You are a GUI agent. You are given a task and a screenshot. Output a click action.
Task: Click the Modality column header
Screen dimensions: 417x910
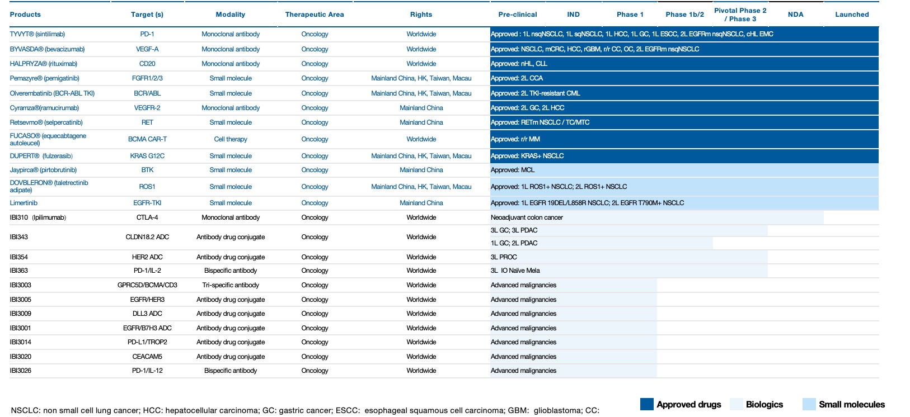tap(230, 15)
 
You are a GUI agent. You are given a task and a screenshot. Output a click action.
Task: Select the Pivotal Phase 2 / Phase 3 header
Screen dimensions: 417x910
tap(740, 15)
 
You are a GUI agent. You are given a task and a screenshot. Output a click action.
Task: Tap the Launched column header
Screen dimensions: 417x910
tap(852, 15)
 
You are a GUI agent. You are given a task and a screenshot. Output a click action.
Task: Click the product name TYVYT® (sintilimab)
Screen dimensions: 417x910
tap(37, 34)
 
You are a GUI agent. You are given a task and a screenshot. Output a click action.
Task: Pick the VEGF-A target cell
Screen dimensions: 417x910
tap(147, 49)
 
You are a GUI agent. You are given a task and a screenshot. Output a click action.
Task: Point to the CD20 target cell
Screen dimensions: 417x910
tap(147, 64)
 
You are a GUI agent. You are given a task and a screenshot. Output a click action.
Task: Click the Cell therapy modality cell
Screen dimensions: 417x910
tap(230, 139)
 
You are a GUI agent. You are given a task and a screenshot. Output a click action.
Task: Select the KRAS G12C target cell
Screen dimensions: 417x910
tap(147, 156)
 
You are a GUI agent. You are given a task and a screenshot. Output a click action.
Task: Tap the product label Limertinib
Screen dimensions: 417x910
tap(24, 203)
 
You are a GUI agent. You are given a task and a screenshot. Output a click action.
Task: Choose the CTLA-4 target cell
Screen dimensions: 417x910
tap(147, 217)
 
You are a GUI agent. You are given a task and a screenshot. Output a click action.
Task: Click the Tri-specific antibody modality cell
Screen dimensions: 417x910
tap(230, 285)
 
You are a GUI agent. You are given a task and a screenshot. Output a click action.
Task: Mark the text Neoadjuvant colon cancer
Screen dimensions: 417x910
tap(527, 217)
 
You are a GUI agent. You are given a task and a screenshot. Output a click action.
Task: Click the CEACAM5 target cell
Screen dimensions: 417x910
tap(147, 357)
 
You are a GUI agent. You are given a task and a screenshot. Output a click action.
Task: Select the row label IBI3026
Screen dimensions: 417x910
tap(21, 371)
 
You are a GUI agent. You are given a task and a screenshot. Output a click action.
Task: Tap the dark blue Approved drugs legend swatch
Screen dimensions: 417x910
tap(646, 404)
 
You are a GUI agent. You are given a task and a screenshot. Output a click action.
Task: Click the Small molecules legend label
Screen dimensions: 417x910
tap(851, 404)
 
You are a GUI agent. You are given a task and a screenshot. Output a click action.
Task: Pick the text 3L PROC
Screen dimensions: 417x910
tap(504, 257)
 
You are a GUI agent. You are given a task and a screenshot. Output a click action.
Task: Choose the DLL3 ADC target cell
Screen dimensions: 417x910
tap(147, 314)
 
